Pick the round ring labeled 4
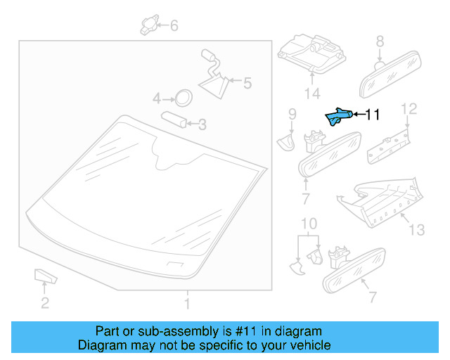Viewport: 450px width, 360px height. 184,97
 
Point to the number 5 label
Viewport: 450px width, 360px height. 246,84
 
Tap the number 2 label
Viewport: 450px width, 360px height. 44,304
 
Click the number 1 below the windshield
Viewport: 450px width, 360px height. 187,304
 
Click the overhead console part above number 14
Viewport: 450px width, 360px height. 309,53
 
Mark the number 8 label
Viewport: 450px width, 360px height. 380,41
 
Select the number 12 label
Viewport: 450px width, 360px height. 409,108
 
